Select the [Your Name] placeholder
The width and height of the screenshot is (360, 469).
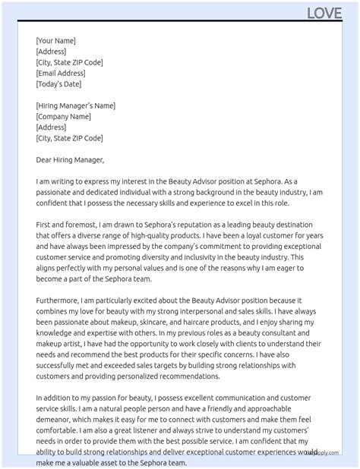[x=55, y=41]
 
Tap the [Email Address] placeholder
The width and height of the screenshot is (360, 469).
[x=61, y=73]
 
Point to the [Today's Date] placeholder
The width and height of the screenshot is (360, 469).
[x=58, y=83]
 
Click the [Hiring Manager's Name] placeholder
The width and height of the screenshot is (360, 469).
[x=75, y=105]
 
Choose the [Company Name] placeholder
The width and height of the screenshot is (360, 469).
[x=64, y=116]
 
